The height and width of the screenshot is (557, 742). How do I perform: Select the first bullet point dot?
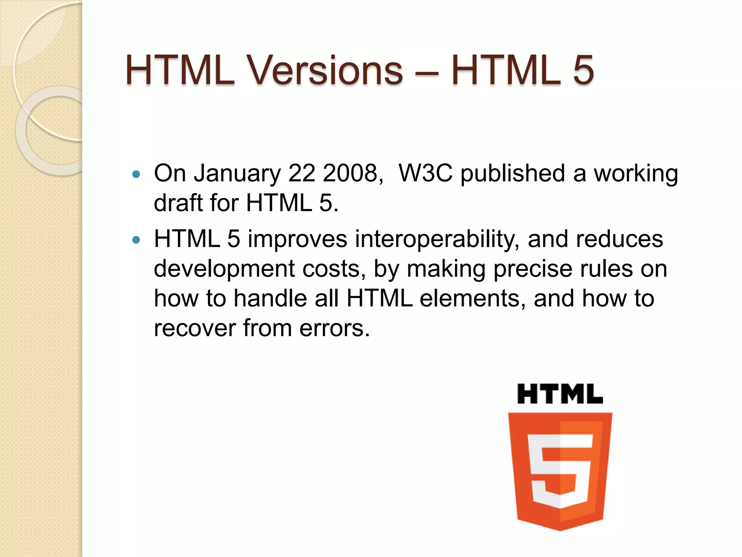pos(136,174)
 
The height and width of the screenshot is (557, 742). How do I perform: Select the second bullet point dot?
pos(136,240)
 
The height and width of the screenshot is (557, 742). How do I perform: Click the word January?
pos(237,173)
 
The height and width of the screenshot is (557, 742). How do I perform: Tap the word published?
pos(513,174)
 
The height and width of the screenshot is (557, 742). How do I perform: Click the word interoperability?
pos(436,240)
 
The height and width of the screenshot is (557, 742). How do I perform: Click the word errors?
pos(334,329)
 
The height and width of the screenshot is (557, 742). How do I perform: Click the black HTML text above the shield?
pos(560,394)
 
